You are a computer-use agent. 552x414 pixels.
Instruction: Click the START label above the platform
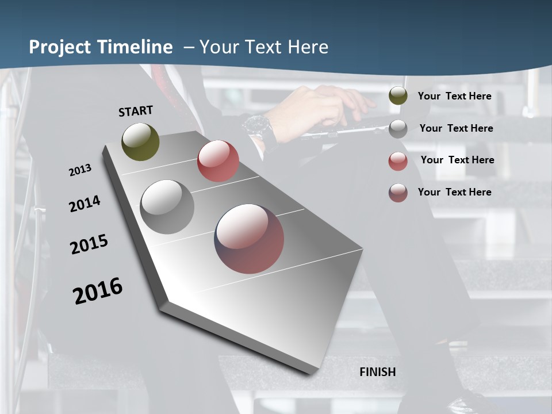point(136,110)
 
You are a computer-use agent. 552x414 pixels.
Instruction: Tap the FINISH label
point(378,372)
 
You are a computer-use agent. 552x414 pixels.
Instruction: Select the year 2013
point(80,170)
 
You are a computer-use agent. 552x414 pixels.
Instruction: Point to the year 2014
point(85,204)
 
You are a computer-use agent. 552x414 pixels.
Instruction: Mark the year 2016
point(98,290)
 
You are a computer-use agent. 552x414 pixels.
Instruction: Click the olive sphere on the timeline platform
point(140,141)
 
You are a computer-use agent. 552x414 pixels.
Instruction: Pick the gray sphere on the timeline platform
point(167,207)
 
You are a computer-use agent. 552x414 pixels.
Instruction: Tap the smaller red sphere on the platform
point(218,161)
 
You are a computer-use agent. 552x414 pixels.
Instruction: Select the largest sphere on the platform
point(250,239)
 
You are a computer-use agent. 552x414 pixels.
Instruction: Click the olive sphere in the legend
point(398,96)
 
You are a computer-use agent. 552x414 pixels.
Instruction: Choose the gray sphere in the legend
point(398,129)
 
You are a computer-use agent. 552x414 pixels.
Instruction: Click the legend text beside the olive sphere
point(454,96)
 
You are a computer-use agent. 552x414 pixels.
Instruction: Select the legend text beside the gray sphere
point(456,128)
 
